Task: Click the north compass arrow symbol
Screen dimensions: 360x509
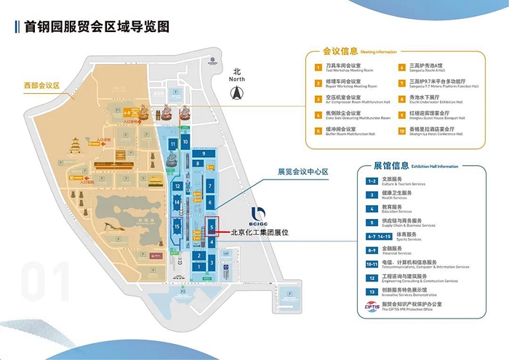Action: click(235, 92)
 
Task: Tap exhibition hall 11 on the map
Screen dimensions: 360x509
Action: click(173, 145)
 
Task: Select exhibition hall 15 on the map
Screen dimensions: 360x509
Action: click(177, 228)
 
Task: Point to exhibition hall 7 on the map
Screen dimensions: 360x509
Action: click(209, 187)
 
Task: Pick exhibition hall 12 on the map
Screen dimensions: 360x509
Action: click(177, 186)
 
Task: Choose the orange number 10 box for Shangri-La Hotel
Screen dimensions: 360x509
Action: click(401, 132)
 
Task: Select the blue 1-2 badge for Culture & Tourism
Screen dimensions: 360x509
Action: click(372, 180)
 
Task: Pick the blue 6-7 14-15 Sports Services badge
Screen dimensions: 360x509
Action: click(372, 236)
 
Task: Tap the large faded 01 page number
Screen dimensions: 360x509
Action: click(43, 281)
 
